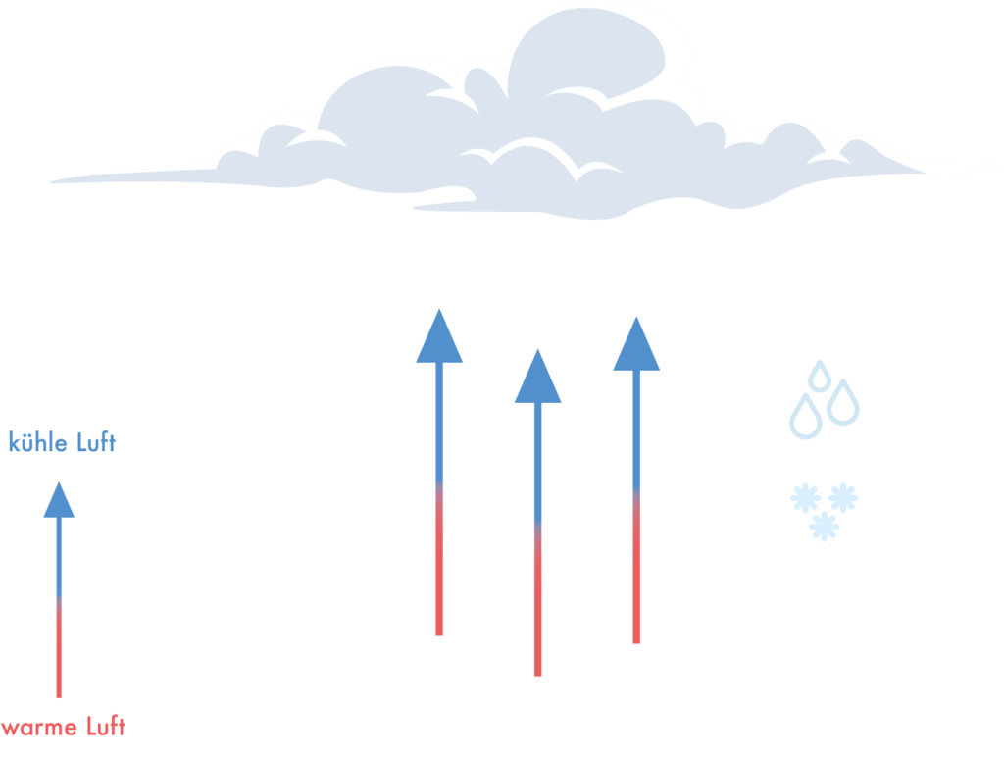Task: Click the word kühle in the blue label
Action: point(35,443)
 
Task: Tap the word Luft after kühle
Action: point(93,443)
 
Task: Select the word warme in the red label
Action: point(34,728)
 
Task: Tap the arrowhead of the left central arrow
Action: point(439,338)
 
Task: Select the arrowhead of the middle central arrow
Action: point(537,378)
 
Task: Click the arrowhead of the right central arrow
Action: point(636,345)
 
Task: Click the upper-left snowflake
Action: point(805,499)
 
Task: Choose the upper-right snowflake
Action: point(842,498)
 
